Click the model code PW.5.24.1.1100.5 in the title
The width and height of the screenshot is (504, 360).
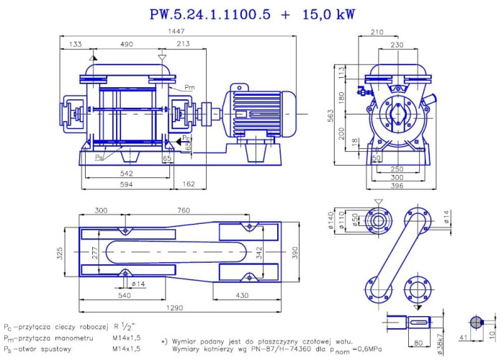210,14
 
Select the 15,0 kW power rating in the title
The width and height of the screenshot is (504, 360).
328,14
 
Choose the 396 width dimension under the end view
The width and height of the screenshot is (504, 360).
397,186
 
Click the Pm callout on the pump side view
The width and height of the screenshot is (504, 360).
189,88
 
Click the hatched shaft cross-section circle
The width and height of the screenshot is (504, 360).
476,321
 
